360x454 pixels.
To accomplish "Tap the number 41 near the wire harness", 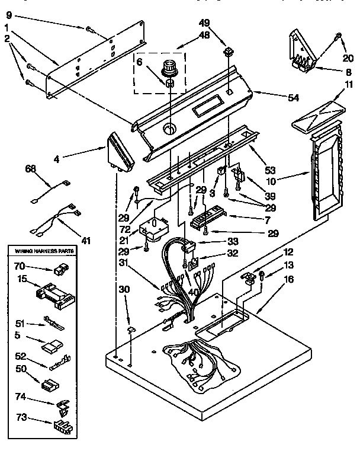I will click(x=86, y=240).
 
